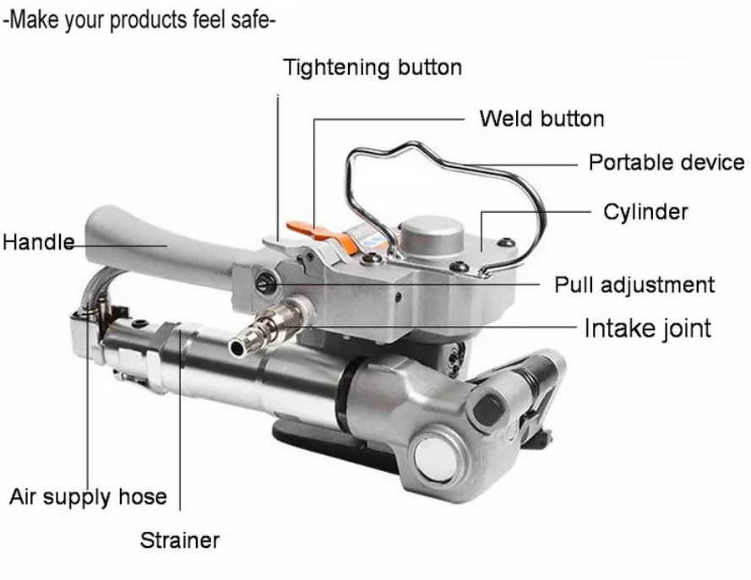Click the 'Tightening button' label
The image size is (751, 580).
372,68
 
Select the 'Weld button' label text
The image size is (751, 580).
541,118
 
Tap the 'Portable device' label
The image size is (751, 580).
666,162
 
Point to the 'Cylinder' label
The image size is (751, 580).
645,211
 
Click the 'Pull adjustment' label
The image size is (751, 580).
634,285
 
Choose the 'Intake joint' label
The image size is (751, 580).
647,328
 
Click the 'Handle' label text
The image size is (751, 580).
37,243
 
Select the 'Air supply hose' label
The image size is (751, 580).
88,496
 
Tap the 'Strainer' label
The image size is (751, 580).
180,540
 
